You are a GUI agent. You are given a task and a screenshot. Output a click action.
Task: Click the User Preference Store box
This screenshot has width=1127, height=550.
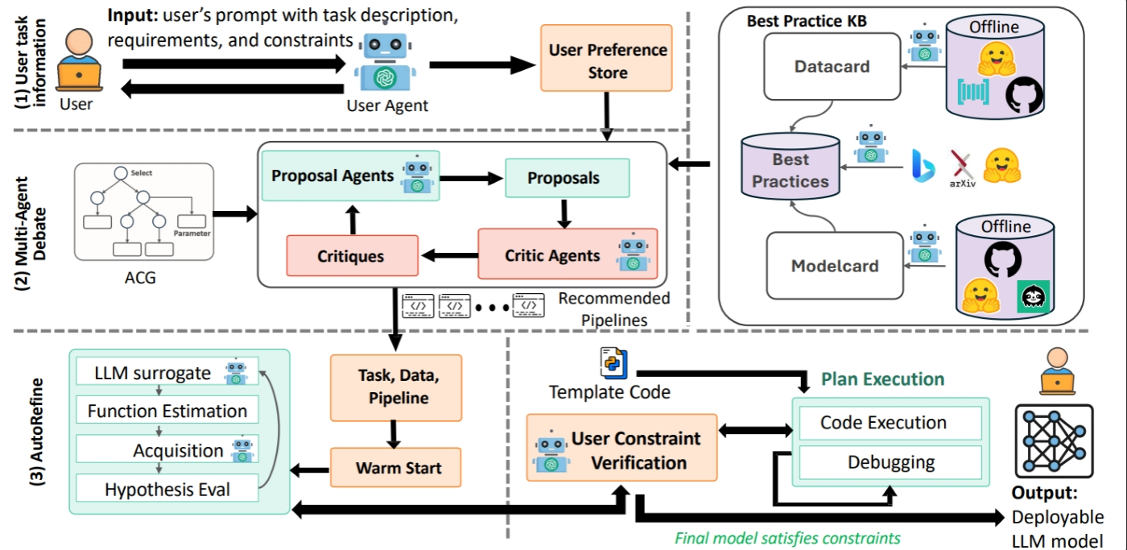click(x=608, y=61)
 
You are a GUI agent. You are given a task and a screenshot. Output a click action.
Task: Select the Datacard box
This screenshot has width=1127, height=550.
click(x=832, y=67)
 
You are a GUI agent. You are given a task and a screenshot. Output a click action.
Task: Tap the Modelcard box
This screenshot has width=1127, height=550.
click(x=832, y=267)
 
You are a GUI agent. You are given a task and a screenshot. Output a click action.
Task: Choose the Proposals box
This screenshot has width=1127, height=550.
click(x=568, y=178)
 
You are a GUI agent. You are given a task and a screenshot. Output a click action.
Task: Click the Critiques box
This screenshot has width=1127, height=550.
click(x=352, y=257)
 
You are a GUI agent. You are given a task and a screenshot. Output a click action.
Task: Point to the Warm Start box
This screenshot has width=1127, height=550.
click(x=395, y=467)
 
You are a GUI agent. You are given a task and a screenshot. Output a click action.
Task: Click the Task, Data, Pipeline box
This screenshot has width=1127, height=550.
click(x=395, y=387)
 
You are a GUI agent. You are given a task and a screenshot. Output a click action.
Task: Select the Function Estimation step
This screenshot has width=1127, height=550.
click(x=167, y=411)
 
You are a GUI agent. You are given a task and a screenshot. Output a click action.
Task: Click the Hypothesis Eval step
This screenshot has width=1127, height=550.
click(x=167, y=489)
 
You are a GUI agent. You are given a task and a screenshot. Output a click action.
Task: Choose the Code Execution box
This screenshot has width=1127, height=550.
click(x=883, y=422)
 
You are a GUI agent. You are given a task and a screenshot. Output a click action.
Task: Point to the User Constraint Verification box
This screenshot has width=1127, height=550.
click(x=621, y=449)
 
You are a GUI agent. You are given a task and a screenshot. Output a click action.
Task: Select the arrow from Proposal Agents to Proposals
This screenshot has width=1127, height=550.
click(x=472, y=177)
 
